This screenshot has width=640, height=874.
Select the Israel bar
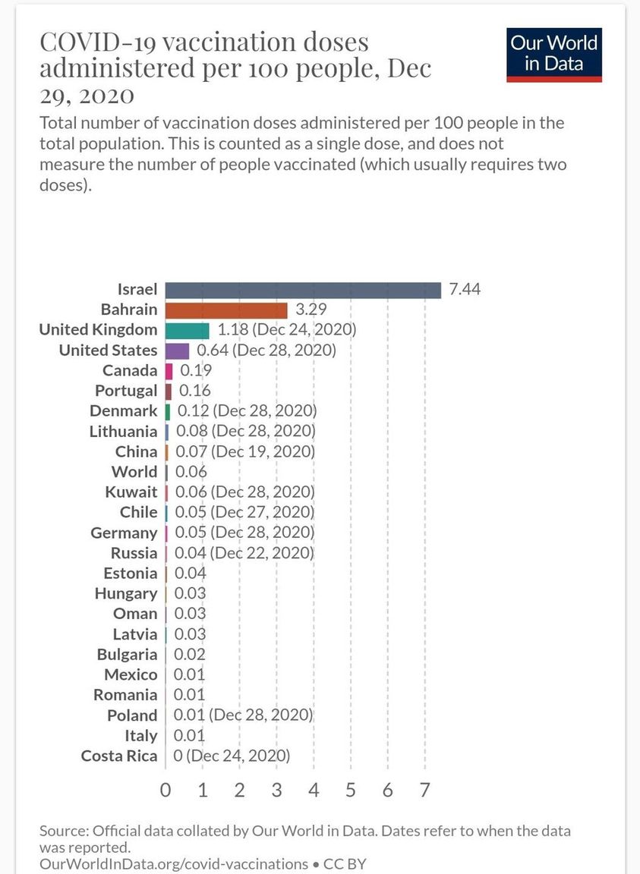[303, 290]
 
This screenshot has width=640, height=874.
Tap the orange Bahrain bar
[226, 310]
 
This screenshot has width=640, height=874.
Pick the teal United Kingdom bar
[188, 330]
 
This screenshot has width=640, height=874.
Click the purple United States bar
[178, 351]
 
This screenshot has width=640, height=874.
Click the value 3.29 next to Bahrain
[311, 310]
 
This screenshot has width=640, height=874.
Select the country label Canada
[131, 371]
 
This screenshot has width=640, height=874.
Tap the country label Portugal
[126, 391]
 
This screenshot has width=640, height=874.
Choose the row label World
[134, 472]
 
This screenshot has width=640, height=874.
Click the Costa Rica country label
[119, 756]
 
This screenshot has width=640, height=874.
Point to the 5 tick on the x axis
[351, 790]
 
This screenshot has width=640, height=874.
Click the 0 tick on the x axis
[166, 790]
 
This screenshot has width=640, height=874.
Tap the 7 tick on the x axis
[425, 790]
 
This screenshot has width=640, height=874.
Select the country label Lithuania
[123, 432]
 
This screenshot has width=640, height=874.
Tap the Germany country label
[124, 533]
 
